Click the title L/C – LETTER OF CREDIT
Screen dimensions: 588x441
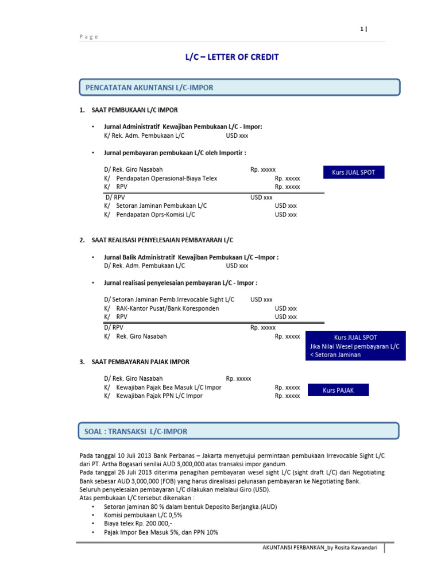[231, 57]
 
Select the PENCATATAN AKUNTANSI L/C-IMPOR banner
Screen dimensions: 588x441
[238, 87]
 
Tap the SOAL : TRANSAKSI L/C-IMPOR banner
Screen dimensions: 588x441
[238, 431]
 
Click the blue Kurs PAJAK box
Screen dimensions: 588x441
[338, 390]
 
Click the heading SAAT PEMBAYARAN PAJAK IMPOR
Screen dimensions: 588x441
[140, 362]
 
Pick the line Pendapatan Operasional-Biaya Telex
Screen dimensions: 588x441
[167, 179]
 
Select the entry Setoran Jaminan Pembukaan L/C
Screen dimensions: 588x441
[161, 206]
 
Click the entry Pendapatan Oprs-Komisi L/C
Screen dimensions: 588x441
[156, 214]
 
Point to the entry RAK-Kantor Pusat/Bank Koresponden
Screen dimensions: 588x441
[167, 308]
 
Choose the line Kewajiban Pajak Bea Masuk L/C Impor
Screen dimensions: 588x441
[168, 388]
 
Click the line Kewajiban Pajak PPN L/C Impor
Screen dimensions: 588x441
[159, 396]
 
